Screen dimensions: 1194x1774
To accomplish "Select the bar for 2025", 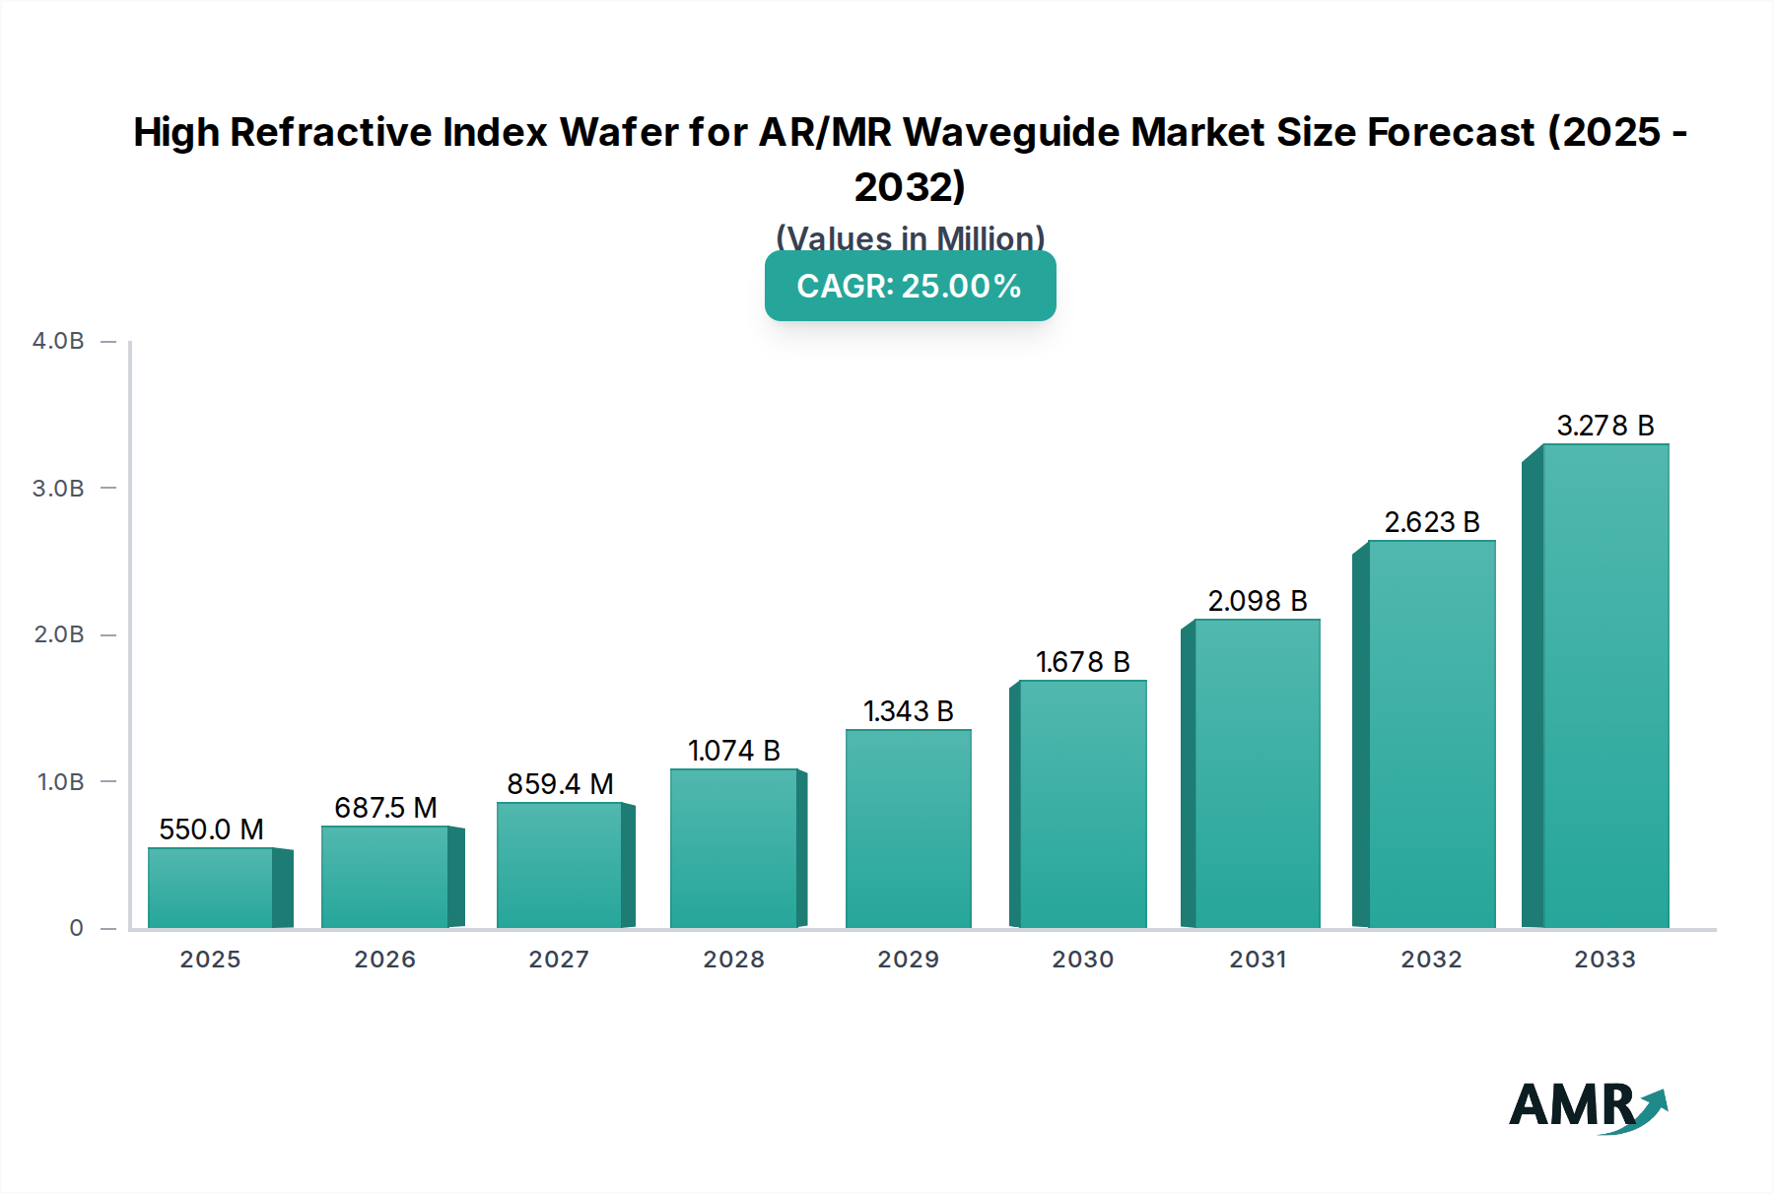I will [211, 888].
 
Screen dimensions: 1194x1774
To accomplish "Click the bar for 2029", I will [908, 829].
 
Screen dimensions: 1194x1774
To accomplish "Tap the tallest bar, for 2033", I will [1604, 686].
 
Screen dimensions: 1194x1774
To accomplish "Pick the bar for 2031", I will [1257, 773].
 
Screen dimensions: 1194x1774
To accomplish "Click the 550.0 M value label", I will [211, 829].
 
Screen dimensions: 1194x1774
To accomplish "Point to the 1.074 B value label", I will [733, 751].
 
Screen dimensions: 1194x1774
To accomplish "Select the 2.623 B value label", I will [1431, 522].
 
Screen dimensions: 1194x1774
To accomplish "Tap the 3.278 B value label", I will [1604, 426].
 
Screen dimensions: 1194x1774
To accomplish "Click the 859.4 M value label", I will [560, 784].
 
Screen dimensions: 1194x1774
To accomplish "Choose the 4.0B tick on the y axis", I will [58, 341].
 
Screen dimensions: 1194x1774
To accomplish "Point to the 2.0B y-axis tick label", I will [58, 634].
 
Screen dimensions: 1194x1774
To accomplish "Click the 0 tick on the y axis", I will [76, 928].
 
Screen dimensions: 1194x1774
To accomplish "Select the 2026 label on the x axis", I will [384, 960].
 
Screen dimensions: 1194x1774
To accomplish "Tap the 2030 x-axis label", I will [1082, 960].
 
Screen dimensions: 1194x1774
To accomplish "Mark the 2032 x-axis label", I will [1431, 960].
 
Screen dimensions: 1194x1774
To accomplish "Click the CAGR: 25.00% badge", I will [910, 286].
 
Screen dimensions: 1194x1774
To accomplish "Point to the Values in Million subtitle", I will [910, 237].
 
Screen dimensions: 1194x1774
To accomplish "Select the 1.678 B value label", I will [1082, 662].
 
